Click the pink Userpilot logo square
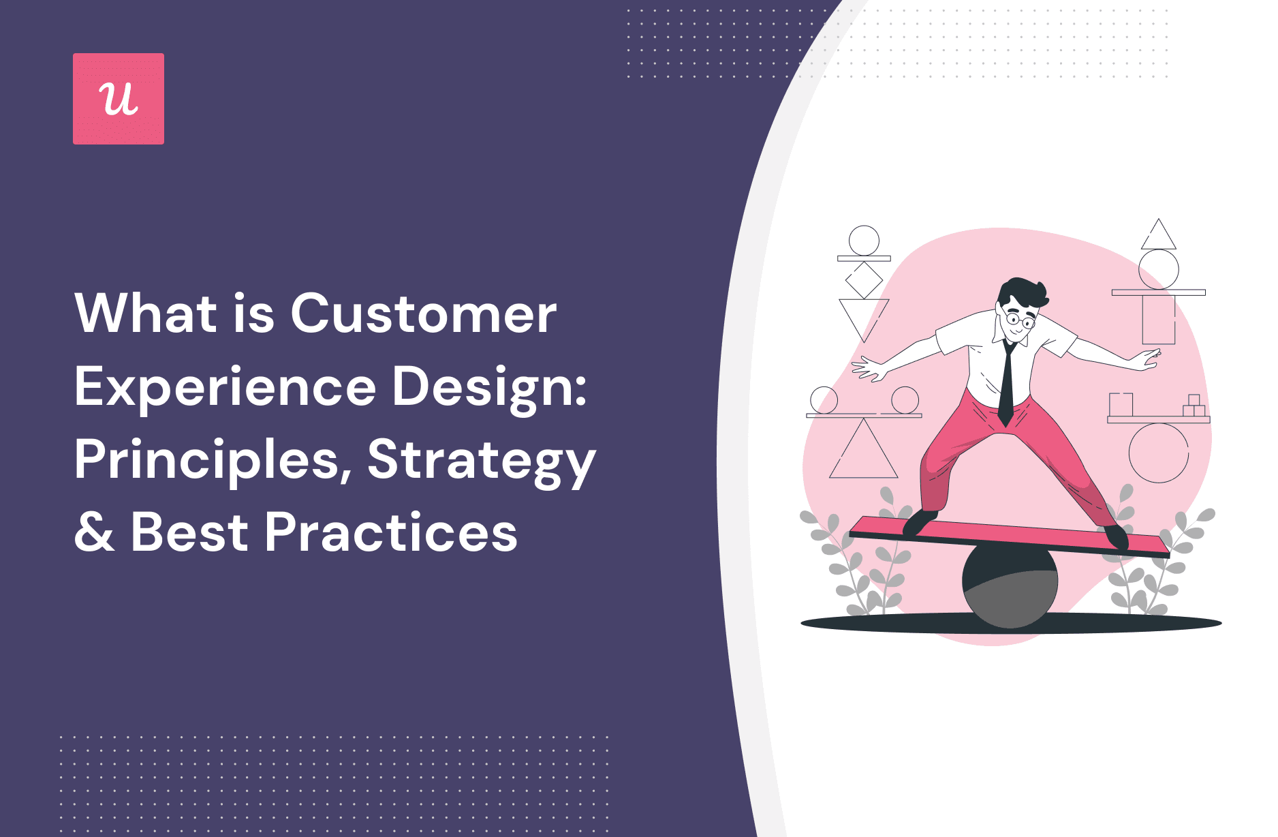coord(119,99)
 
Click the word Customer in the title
coord(423,314)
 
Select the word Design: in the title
coord(489,387)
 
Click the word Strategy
coord(481,461)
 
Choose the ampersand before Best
coord(95,533)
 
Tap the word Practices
coord(391,533)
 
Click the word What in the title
coord(146,314)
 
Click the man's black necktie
coord(1007,385)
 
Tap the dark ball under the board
coord(1010,586)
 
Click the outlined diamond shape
coord(864,280)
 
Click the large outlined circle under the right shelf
coord(1158,453)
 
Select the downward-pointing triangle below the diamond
coord(864,315)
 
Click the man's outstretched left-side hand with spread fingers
coord(869,368)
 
